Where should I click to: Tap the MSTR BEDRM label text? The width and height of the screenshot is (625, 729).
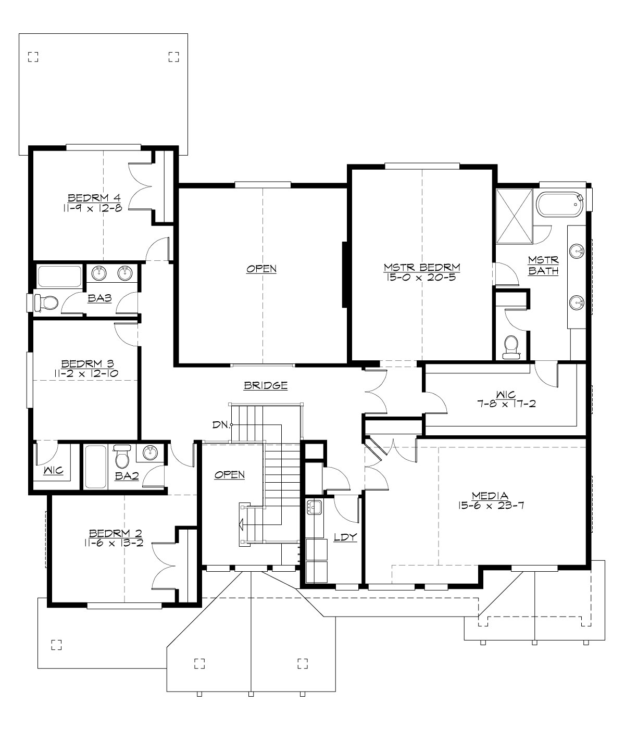(422, 268)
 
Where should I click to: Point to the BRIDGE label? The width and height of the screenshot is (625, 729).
(266, 386)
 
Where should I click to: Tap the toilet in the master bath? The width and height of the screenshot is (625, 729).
(511, 347)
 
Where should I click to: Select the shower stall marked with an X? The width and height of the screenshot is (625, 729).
(515, 216)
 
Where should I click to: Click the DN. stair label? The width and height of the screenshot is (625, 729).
(221, 424)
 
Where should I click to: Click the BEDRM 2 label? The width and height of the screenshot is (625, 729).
(116, 533)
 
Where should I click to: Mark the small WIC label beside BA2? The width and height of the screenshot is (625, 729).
(53, 471)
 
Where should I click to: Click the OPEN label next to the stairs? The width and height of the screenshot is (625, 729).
(230, 474)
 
